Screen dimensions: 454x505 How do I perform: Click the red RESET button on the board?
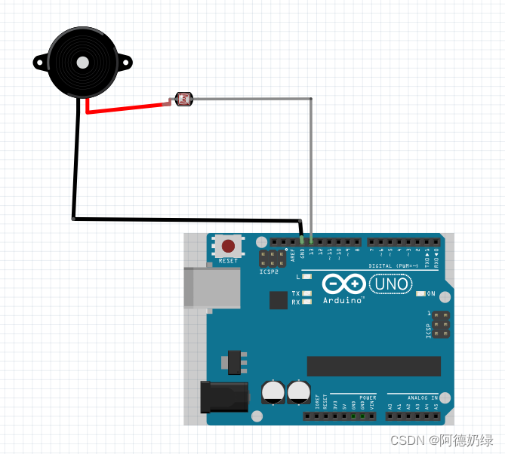tap(228, 246)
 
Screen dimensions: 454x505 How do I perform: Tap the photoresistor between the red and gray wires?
tap(183, 99)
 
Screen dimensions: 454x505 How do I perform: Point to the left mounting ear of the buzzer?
tap(40, 62)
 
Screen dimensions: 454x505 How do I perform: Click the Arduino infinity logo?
tap(343, 284)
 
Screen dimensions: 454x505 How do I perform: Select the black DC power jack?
tap(223, 397)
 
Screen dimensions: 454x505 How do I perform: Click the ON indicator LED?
tap(420, 293)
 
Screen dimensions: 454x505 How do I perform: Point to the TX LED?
tap(306, 293)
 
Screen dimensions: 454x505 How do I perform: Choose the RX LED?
tap(306, 302)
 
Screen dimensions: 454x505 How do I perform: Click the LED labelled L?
tap(306, 277)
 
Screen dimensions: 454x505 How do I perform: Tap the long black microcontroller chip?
tap(374, 366)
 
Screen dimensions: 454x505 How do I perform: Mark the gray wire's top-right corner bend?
tap(311, 99)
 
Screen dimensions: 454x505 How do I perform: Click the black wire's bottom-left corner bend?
tap(73, 219)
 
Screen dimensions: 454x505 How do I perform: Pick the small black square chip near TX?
tap(279, 300)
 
